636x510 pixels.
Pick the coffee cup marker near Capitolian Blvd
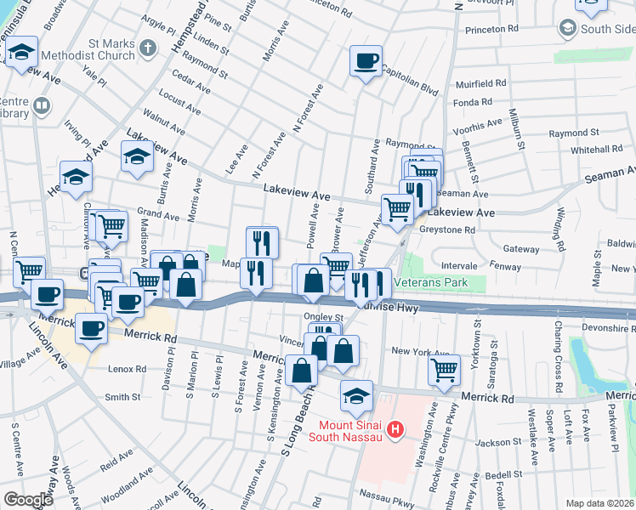point(366,61)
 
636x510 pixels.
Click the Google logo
point(29,500)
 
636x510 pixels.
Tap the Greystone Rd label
point(446,230)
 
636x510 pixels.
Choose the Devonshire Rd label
point(599,327)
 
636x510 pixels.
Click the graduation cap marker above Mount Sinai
point(356,394)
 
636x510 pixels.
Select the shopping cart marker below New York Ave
point(444,369)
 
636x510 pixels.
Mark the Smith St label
point(122,397)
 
